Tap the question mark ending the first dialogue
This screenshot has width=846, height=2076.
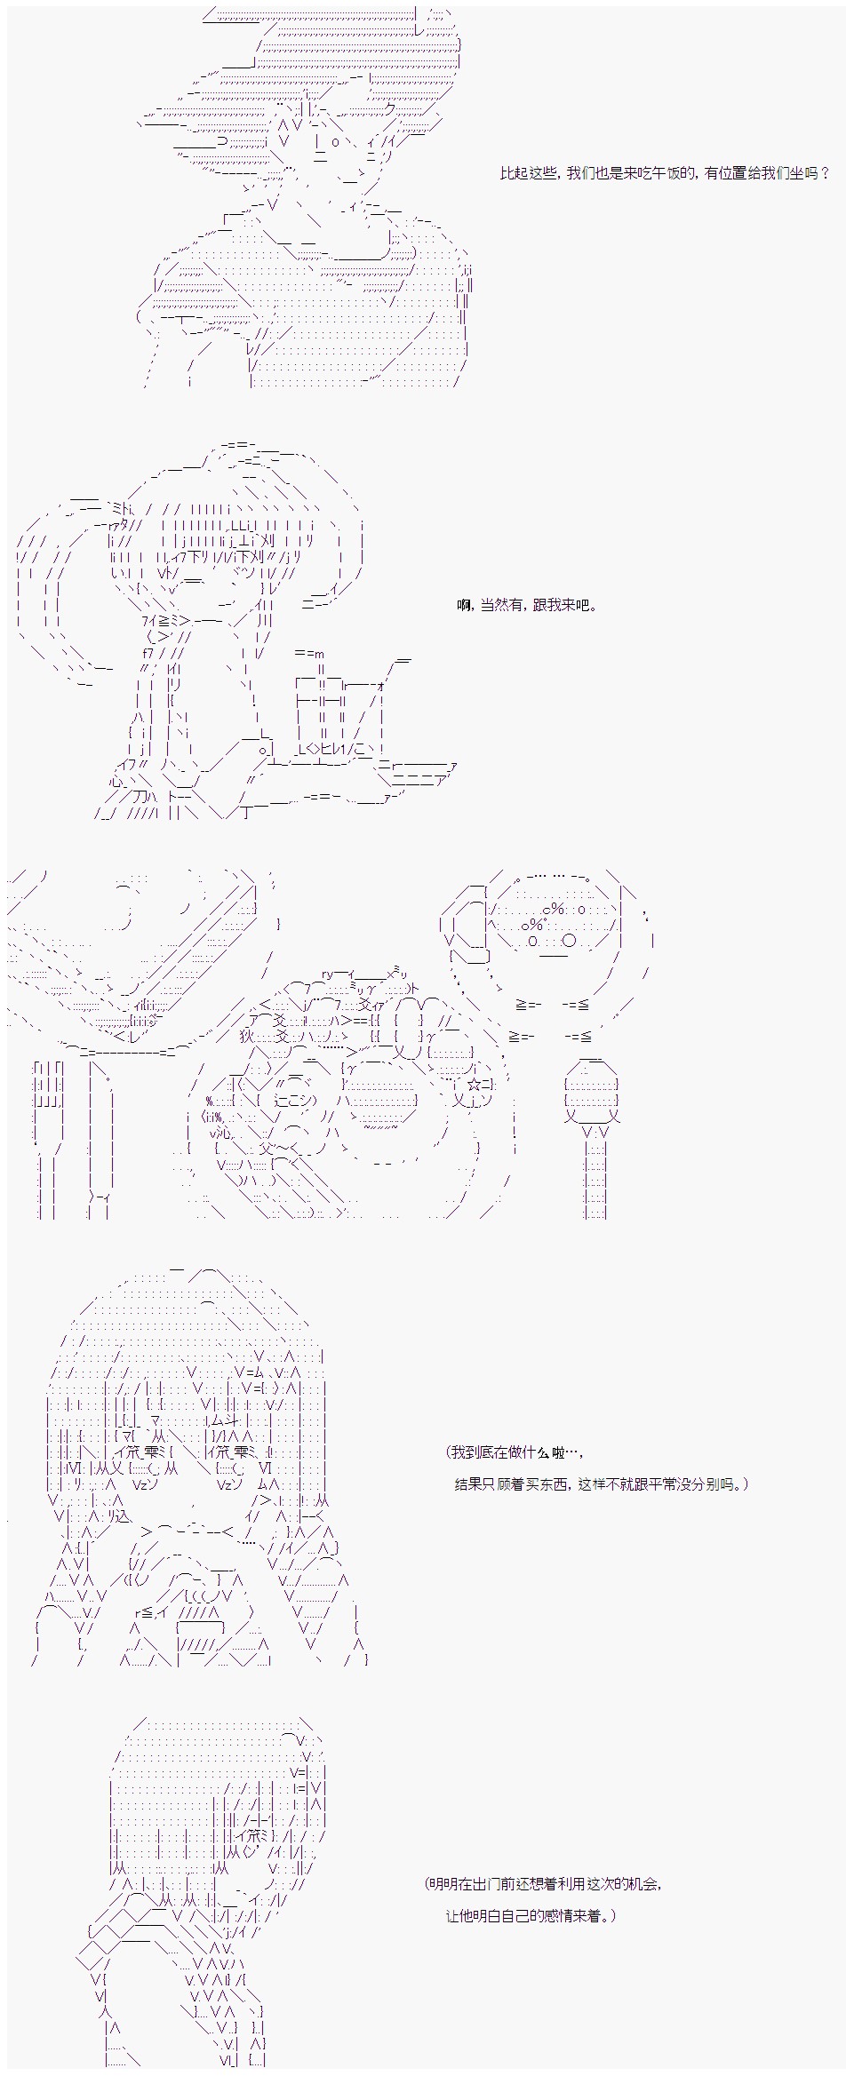[825, 174]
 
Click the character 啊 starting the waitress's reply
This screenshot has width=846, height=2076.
[463, 606]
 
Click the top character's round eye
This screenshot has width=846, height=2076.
[334, 141]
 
